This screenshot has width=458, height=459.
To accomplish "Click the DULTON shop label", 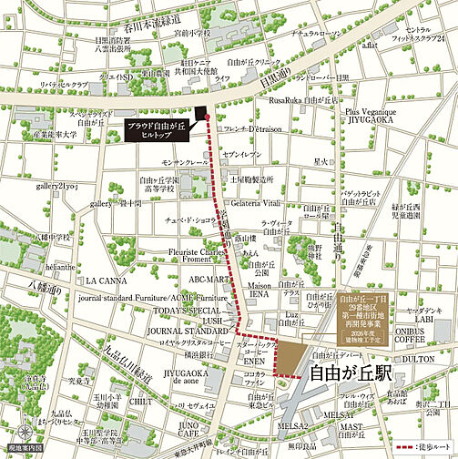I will (x=426, y=359).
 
